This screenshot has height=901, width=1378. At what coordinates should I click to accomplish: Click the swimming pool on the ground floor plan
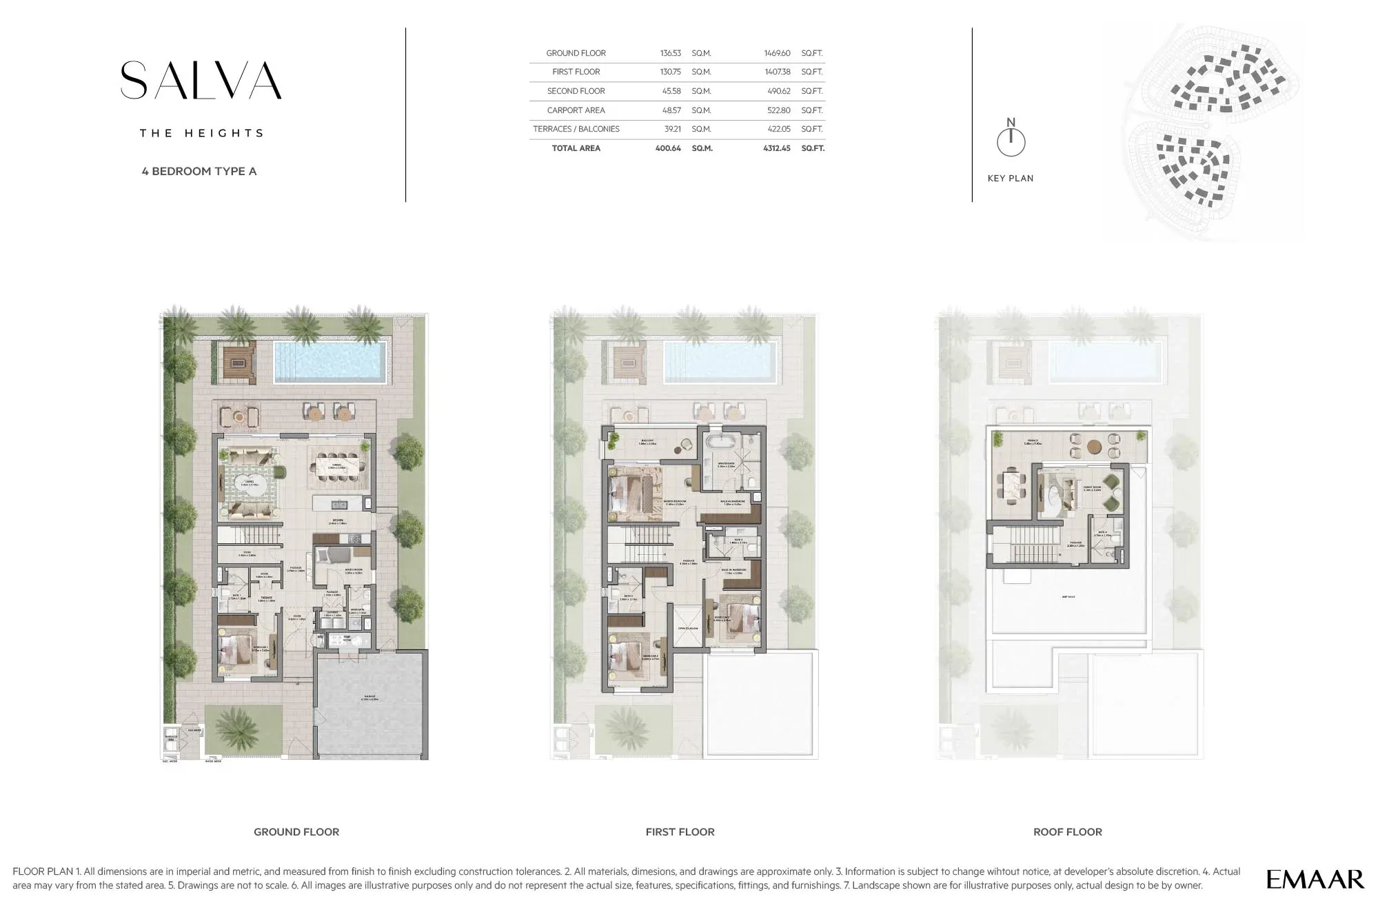tap(328, 361)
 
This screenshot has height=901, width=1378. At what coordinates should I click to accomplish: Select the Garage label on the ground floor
tap(371, 698)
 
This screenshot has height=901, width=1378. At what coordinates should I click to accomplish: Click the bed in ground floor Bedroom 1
tap(239, 649)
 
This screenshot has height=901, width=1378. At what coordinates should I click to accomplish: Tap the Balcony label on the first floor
tap(647, 442)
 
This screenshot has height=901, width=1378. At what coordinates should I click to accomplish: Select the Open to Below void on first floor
tap(687, 628)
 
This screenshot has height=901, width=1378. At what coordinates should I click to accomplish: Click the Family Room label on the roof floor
tap(1092, 488)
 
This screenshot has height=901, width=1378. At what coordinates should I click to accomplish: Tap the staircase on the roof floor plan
tap(1034, 551)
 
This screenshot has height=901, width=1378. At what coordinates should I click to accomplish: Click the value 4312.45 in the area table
tap(776, 148)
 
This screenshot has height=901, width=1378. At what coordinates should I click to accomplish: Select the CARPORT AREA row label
tap(576, 110)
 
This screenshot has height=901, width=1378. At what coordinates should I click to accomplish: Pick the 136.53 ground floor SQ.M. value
tap(670, 53)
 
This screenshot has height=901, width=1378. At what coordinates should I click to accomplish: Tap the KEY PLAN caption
tap(1010, 179)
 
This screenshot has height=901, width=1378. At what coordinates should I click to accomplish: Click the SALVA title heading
tap(201, 81)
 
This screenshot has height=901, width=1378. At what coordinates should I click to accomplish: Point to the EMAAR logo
tap(1315, 879)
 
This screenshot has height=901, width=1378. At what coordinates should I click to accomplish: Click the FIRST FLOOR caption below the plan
tap(680, 832)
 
